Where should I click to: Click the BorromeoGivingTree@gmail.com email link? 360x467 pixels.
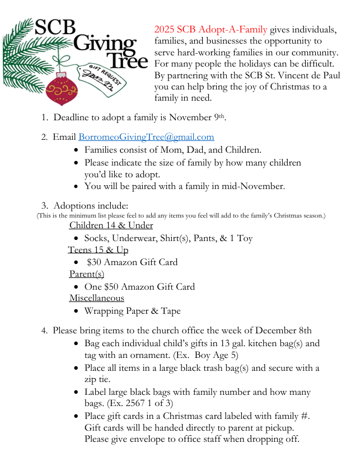(146, 136)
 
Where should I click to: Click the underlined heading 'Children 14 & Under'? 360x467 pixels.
(111, 225)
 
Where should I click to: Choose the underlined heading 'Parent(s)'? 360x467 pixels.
(86, 274)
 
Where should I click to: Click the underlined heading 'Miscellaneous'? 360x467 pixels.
(96, 298)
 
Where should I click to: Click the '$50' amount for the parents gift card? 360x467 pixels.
(113, 286)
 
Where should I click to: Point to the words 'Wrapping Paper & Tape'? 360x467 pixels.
(132, 311)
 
